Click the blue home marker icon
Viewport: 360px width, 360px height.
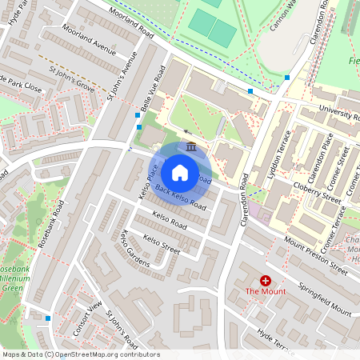[180, 173]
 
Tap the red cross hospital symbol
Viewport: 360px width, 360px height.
[265, 281]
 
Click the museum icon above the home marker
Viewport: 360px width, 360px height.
[191, 147]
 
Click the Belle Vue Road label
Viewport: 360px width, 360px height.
[151, 90]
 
